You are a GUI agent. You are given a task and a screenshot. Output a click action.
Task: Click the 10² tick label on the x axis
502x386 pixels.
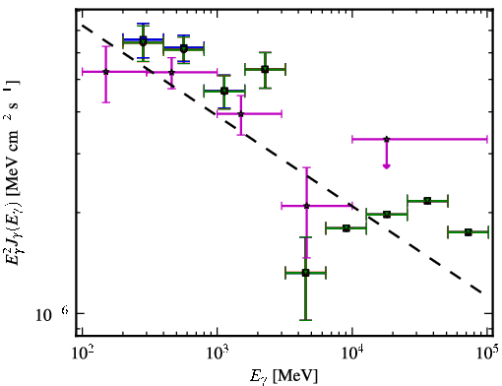tap(82, 353)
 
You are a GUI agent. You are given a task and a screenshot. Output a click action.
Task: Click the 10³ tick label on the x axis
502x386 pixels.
tap(217, 353)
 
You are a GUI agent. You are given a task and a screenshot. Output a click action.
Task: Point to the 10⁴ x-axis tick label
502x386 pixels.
tap(352, 353)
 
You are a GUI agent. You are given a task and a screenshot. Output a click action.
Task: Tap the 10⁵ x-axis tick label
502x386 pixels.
tap(487, 353)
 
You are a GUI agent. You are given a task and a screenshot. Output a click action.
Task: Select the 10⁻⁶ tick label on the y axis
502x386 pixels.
tap(52, 314)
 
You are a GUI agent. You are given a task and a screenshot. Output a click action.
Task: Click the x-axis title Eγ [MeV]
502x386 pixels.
tap(283, 376)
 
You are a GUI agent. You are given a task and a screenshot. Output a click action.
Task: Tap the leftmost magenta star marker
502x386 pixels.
tap(105, 72)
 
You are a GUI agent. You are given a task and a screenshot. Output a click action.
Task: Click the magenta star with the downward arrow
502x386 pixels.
tap(387, 139)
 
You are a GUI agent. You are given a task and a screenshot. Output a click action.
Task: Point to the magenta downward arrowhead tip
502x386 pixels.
tap(387, 168)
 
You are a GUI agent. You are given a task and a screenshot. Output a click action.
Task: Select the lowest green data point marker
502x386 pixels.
tap(305, 273)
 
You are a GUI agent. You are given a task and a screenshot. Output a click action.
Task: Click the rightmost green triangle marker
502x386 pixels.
tap(469, 232)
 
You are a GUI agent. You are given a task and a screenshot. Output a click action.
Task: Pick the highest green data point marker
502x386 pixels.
tap(143, 41)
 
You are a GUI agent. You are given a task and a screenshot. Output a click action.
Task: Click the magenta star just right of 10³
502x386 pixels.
tap(241, 114)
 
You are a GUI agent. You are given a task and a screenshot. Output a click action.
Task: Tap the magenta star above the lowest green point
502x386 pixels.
tap(306, 206)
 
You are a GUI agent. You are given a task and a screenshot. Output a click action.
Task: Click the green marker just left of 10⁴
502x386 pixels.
tap(346, 228)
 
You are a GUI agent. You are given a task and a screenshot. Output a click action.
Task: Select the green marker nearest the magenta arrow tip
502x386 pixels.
tap(387, 215)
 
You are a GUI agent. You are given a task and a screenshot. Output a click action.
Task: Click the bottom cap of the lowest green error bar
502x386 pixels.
tap(305, 320)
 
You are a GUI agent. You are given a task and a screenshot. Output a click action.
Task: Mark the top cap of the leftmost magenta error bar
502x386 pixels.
tap(105, 46)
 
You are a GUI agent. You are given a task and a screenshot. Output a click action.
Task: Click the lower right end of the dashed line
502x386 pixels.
tap(481, 292)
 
